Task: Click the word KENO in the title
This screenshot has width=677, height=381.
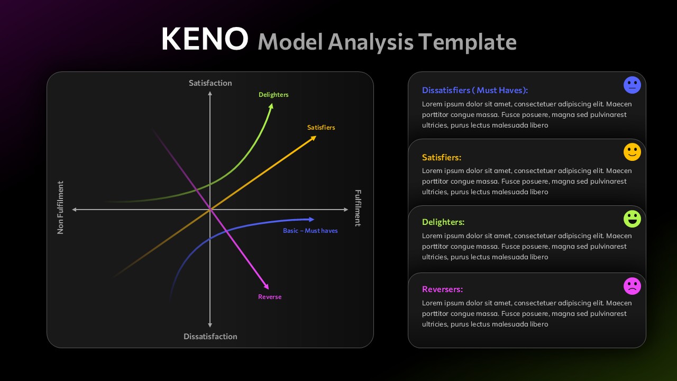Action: point(204,39)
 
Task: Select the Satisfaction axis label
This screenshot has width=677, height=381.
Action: point(210,83)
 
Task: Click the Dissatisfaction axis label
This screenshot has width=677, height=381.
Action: point(210,337)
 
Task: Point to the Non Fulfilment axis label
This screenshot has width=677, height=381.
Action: point(60,207)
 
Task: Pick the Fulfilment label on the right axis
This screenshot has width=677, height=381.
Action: point(358,208)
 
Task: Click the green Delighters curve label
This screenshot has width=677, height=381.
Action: point(273,95)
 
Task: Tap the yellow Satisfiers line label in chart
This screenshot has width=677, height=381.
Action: point(321,128)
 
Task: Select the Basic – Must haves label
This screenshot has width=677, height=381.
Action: point(310,231)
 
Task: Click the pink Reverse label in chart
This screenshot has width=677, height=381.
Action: point(270,297)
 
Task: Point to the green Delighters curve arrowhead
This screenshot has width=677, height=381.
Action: point(271,106)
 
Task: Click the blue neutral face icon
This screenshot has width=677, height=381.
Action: point(632,85)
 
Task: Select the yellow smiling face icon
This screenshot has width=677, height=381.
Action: point(632,152)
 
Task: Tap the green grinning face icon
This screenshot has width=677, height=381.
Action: point(632,219)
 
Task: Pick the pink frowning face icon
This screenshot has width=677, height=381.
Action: point(632,286)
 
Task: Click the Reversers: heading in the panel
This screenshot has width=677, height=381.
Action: point(442,289)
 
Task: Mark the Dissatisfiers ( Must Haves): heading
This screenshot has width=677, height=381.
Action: point(475,90)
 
